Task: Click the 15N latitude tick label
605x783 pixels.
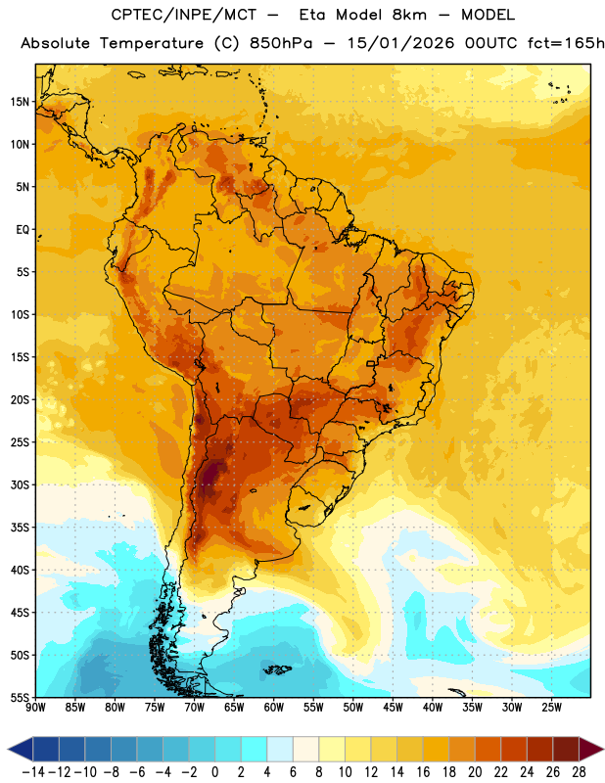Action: [21, 102]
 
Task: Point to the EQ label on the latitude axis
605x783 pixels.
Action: [23, 230]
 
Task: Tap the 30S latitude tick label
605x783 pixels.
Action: [20, 484]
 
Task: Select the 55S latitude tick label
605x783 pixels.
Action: [20, 698]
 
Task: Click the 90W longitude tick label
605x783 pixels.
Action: [35, 707]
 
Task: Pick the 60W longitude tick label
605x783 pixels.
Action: [274, 707]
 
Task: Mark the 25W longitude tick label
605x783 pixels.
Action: [552, 707]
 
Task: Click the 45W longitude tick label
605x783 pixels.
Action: [394, 707]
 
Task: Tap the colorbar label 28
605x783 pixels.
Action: [579, 772]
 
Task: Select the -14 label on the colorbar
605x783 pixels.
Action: [33, 772]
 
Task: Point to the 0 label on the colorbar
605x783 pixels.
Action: [214, 772]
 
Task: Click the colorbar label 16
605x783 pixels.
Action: [423, 772]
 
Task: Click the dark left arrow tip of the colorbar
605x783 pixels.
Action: [9, 749]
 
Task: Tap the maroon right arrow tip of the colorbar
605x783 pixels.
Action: [603, 749]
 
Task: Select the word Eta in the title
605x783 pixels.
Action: [311, 15]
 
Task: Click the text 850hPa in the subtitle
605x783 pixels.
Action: [281, 43]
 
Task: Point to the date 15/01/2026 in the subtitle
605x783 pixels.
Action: [400, 43]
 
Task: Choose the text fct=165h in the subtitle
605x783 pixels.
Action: [566, 43]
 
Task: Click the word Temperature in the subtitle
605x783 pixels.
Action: [152, 44]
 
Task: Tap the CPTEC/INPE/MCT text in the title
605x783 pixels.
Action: [184, 15]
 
